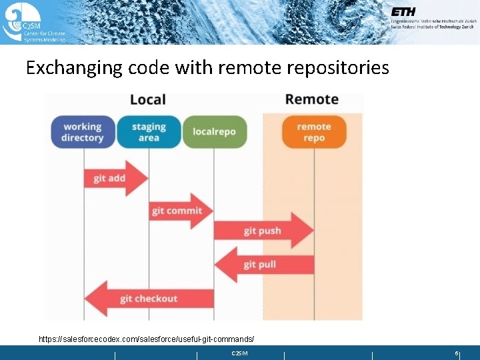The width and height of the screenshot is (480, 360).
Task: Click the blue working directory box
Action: point(82,132)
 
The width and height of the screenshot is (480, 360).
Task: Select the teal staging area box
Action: point(149,132)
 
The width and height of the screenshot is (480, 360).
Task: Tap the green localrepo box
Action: point(214,132)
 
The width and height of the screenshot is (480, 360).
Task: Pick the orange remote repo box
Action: point(314,132)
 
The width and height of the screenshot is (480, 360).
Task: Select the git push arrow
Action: point(263,231)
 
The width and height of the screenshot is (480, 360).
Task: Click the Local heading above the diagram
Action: point(148,100)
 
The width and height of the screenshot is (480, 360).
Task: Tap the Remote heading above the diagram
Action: point(312,99)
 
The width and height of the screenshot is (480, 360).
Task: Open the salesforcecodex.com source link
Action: point(146,339)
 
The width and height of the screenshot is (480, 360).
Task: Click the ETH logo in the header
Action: point(403,12)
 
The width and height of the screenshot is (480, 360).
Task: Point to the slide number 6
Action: point(457,353)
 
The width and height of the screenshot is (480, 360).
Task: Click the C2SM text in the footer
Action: point(239,353)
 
